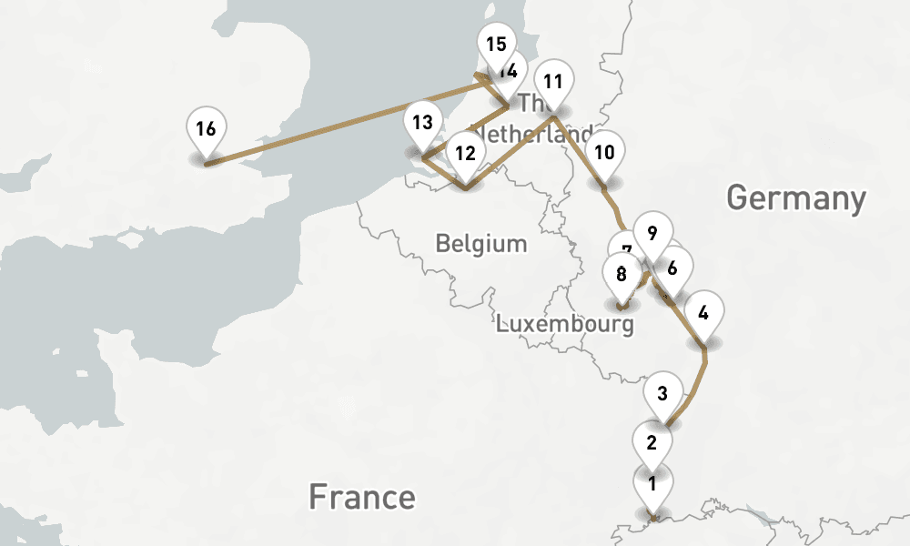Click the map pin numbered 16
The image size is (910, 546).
(206, 129)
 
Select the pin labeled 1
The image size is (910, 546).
(652, 484)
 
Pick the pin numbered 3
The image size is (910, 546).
(662, 394)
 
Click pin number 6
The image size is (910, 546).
(672, 268)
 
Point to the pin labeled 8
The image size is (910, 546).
(622, 274)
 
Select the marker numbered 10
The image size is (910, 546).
(605, 153)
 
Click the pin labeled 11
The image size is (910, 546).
(553, 82)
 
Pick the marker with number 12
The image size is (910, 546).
(466, 154)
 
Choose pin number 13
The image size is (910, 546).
(422, 123)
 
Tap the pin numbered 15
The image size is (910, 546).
(496, 45)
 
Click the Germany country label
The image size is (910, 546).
(795, 197)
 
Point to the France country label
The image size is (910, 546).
(361, 497)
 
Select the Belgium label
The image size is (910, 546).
(480, 244)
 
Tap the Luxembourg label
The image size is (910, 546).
(564, 324)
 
